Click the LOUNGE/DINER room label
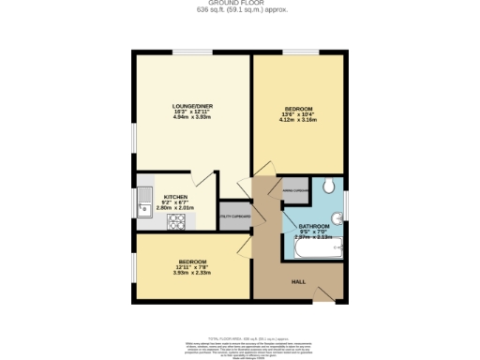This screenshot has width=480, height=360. [190, 106]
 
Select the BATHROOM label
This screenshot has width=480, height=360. [314, 227]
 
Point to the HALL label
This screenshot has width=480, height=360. [298, 281]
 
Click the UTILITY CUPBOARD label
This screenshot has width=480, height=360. [234, 216]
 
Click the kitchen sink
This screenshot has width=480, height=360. [144, 202]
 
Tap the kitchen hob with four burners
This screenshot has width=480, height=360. [176, 222]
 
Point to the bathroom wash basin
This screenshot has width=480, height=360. [337, 216]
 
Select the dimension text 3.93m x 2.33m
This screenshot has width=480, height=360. [191, 274]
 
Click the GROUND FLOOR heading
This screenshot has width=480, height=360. [240, 4]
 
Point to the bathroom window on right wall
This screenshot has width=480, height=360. [346, 202]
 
